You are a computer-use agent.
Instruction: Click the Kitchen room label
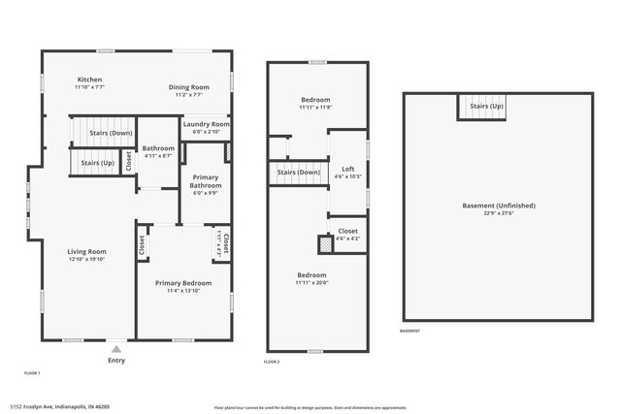click(x=90, y=80)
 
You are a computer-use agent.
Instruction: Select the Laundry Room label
click(x=207, y=124)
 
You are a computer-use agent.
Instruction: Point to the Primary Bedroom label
click(x=183, y=283)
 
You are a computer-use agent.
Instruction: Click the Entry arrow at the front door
click(x=116, y=349)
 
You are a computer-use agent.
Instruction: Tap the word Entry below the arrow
click(x=116, y=361)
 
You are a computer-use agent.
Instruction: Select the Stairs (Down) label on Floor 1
click(x=111, y=133)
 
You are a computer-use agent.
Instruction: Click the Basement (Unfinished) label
click(x=498, y=206)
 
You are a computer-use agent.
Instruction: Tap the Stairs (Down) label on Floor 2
click(x=299, y=174)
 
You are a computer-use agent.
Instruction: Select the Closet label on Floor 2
click(x=347, y=232)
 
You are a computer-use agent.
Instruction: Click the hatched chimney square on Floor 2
click(x=325, y=244)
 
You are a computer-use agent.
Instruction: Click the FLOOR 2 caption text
click(x=272, y=362)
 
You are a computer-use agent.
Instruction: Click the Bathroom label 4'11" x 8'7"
click(x=158, y=148)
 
